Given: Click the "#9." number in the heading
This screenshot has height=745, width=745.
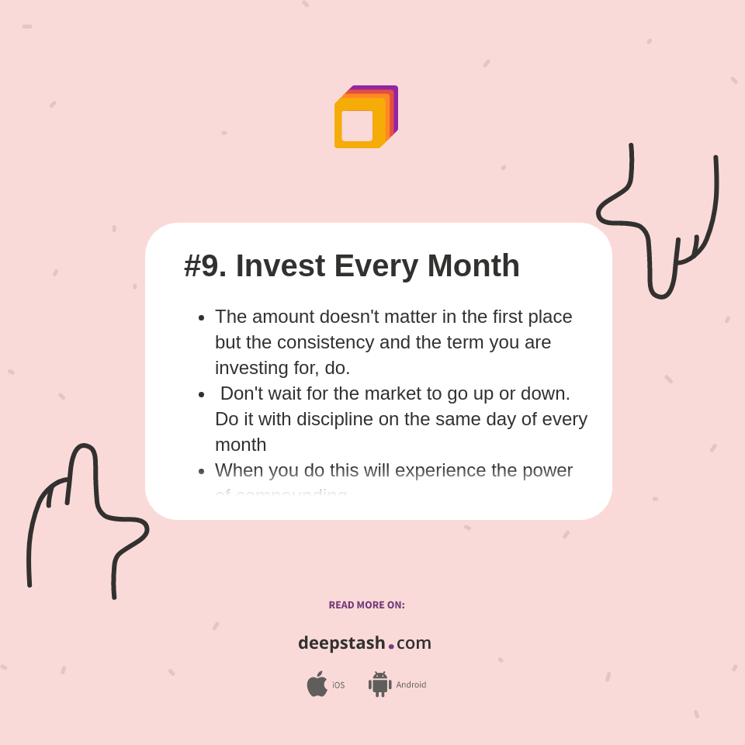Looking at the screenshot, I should coord(205,266).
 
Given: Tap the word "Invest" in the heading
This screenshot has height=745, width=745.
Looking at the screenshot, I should coord(280,266).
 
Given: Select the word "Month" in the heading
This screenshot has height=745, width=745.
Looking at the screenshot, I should coord(473,266).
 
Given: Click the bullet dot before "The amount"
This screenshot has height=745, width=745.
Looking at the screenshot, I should coord(202,317).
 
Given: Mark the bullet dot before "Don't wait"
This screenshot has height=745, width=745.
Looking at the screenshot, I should coord(202,394).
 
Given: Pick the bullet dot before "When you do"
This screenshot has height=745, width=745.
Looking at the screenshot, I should coord(202,471).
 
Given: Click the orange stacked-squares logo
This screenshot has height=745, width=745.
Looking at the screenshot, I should coord(366,117).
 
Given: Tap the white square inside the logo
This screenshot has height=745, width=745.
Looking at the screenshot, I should coord(357,126).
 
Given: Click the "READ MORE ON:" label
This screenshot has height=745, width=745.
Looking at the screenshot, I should coord(366,605).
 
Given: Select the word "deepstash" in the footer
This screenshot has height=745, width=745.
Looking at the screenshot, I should coord(341,643).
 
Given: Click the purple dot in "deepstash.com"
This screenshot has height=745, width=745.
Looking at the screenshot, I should coord(391,646).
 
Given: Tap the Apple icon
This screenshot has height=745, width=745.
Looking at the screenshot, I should coord(317,684).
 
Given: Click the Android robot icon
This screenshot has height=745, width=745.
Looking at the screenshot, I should coord(379,684).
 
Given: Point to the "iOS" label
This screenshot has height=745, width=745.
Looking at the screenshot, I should coord(338,685).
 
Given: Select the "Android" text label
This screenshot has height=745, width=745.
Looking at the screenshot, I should coord(411,685).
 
